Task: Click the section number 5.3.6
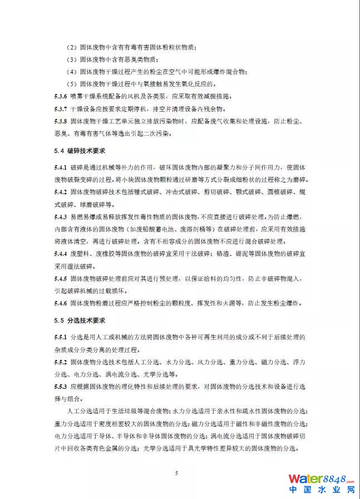point(61,96)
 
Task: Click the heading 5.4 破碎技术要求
point(80,151)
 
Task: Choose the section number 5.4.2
point(61,192)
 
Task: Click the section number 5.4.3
point(61,217)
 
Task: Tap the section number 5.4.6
point(61,303)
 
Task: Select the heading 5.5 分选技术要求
point(80,321)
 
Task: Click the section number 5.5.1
point(61,338)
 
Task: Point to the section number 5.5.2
point(61,363)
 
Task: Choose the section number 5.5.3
point(61,387)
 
